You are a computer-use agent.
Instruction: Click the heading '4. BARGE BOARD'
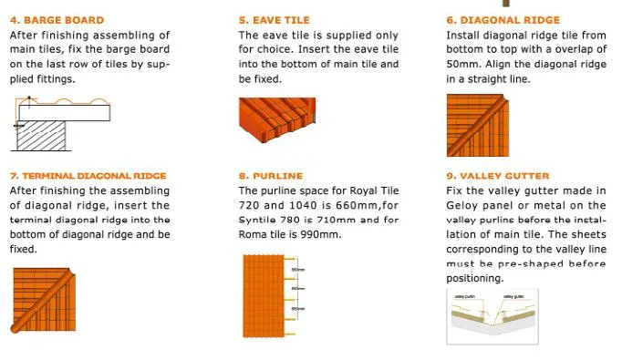[x=57, y=20]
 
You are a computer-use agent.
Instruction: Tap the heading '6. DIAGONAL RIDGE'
[x=503, y=20]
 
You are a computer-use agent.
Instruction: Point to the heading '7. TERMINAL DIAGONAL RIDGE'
[x=88, y=175]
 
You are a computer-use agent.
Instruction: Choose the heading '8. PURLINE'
[x=270, y=175]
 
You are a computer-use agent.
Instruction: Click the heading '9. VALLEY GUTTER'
[x=499, y=175]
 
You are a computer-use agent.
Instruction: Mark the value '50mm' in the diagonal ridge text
[x=461, y=64]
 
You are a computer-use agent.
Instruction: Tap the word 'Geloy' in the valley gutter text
[x=463, y=205]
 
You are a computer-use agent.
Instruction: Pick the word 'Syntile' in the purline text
[x=257, y=220]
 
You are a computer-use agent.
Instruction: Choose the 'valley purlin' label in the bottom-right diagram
[x=467, y=296]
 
